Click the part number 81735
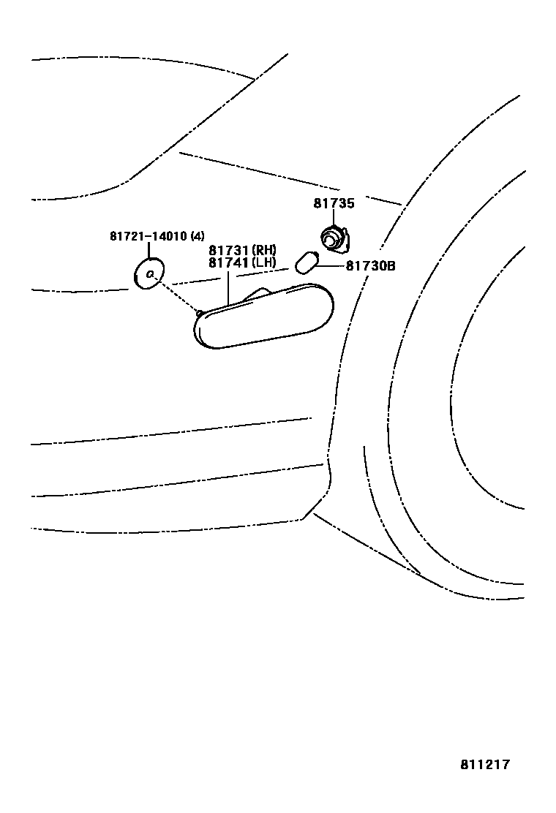tap(334, 204)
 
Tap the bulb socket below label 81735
tap(333, 238)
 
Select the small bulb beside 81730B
tap(307, 262)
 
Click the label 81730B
tap(370, 267)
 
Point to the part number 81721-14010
tap(149, 236)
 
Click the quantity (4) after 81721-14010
tap(197, 236)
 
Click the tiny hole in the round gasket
tap(149, 274)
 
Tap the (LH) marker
tap(263, 262)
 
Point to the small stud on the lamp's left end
tap(199, 312)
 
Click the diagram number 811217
tap(484, 765)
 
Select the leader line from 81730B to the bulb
tap(331, 266)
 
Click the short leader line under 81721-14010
tap(149, 249)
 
